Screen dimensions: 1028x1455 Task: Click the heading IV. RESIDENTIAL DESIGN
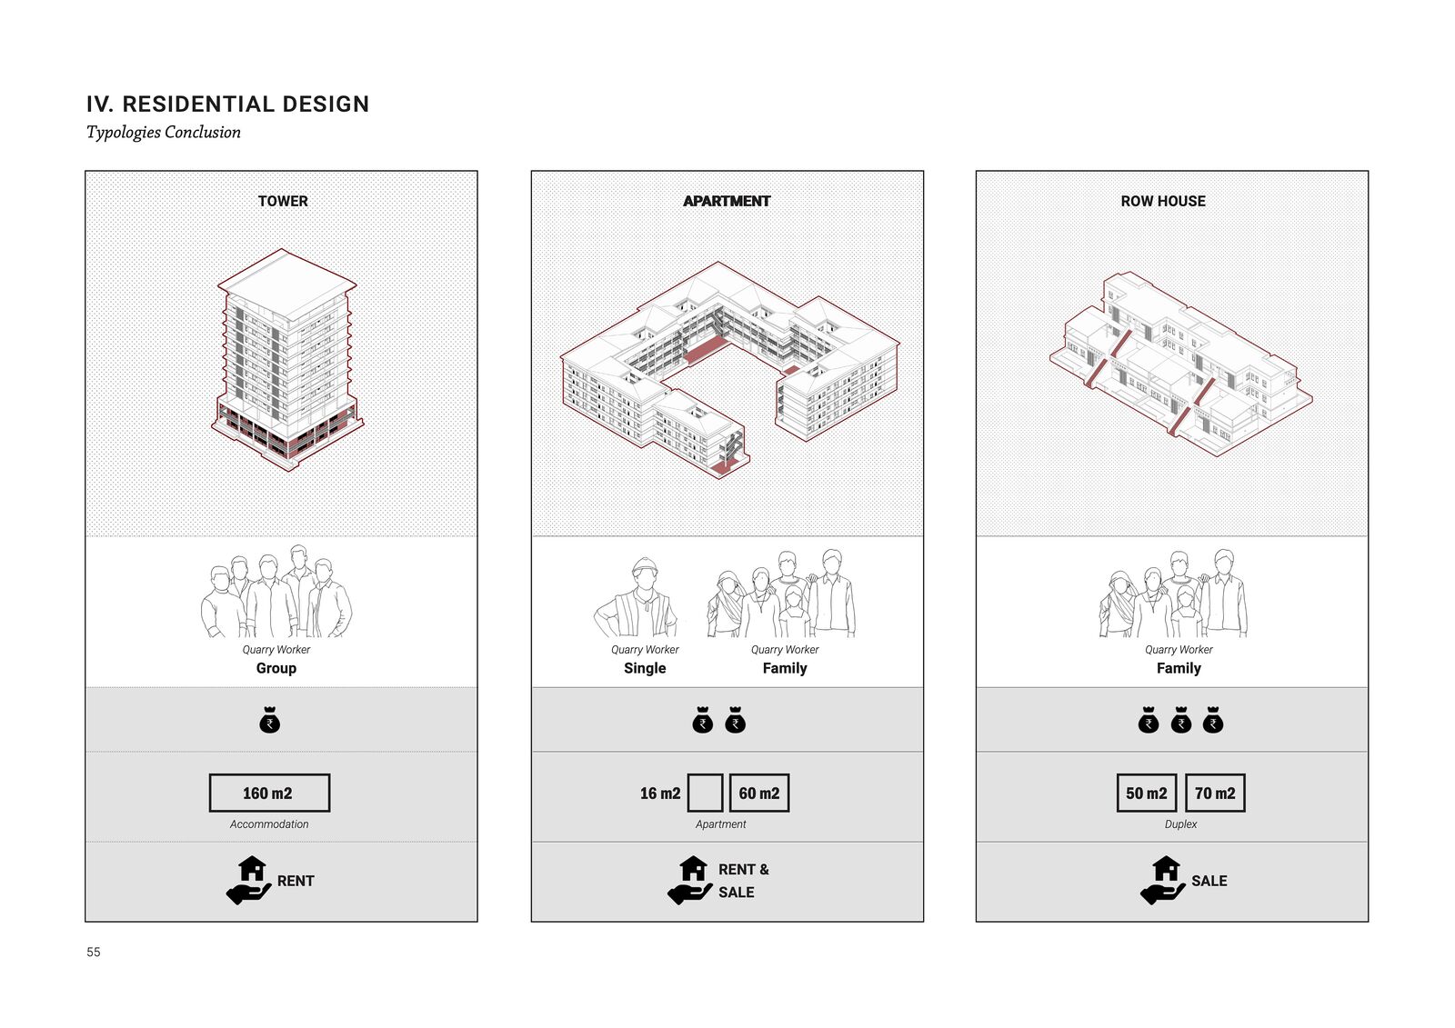coord(227,105)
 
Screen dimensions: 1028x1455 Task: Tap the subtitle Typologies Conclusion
coord(164,133)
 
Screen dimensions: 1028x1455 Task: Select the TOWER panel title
coord(283,201)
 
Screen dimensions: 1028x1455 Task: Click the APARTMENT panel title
coord(727,201)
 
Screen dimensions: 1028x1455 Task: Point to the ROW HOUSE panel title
coord(1163,201)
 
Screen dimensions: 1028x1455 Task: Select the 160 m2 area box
coord(269,793)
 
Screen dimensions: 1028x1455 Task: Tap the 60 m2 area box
coord(759,793)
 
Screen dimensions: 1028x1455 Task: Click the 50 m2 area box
coord(1147,793)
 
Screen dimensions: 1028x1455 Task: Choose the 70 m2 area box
coord(1215,793)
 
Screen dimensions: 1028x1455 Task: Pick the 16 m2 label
coord(660,793)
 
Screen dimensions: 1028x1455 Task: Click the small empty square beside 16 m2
coord(706,793)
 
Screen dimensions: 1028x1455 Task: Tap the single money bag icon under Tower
coord(270,721)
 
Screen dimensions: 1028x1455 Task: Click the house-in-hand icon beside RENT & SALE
coord(690,880)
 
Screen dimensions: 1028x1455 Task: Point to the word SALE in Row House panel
coord(1209,881)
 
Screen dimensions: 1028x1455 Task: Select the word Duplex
coord(1180,824)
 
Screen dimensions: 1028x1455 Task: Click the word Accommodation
coord(269,824)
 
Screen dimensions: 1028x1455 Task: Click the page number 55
coord(94,952)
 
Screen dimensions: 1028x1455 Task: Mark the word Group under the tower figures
coord(276,668)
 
